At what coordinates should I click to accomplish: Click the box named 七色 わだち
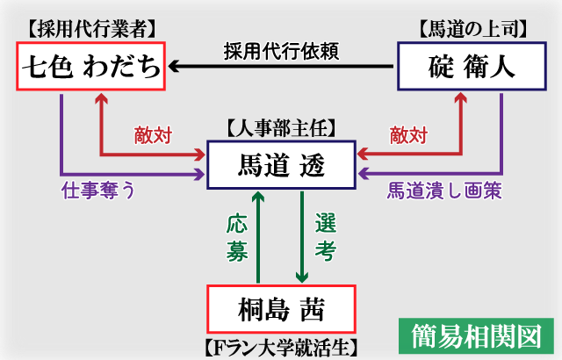point(90,66)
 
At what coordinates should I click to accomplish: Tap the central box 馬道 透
point(281,164)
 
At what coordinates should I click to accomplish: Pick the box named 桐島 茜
point(281,308)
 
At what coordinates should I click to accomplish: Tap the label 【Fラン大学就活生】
point(281,346)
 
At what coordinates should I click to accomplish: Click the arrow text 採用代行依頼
point(282,50)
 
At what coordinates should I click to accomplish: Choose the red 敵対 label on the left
point(153,135)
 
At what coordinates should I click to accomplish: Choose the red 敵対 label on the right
point(407,135)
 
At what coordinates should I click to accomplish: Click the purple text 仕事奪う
point(97,190)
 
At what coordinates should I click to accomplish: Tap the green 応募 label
point(236,237)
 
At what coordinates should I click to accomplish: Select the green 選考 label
point(325,237)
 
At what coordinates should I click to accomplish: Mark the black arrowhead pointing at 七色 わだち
point(176,66)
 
